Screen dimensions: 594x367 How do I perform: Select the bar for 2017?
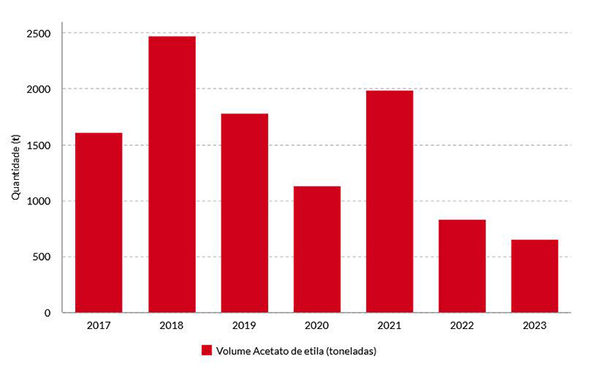pos(99,223)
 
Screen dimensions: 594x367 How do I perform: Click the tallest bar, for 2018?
pos(172,174)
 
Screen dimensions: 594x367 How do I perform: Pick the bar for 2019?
pos(245,213)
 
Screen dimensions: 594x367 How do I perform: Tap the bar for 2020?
pos(317,250)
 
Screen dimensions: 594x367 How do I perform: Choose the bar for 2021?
pos(390,201)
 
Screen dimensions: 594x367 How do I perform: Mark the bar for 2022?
pos(463,266)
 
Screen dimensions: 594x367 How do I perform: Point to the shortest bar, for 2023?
pos(535,276)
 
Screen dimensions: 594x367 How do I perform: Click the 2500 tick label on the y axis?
pos(38,34)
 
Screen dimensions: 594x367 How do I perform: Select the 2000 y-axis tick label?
pos(38,90)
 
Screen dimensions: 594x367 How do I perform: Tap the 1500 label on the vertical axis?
pos(38,146)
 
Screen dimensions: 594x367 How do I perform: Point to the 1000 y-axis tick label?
pos(38,201)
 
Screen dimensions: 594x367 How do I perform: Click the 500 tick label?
pos(41,257)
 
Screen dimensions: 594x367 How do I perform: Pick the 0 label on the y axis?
pos(48,313)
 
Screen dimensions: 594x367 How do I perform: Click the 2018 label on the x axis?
pos(171,326)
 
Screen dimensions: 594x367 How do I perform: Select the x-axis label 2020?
pos(317,326)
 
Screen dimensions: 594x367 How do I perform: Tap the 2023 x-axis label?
pos(535,326)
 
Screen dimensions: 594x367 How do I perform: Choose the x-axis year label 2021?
pos(389,326)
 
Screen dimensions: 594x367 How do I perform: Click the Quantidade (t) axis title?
pos(16,166)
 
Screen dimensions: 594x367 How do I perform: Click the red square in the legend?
pos(207,350)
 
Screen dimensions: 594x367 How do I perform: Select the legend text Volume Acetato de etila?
pos(269,351)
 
